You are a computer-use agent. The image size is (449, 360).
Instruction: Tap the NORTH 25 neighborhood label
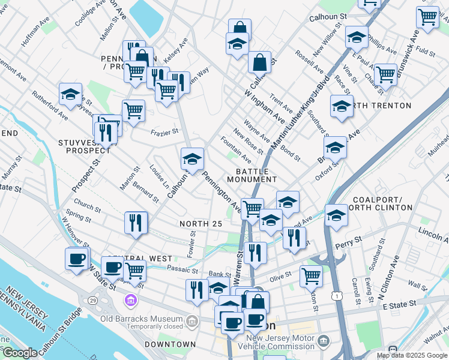tap(201, 224)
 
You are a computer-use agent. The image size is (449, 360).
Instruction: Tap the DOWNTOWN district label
tap(170, 344)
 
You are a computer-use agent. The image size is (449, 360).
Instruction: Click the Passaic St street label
tap(182, 268)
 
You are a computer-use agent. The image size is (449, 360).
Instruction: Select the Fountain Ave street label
tap(235, 149)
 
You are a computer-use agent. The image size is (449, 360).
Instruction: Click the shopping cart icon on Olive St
tap(311, 275)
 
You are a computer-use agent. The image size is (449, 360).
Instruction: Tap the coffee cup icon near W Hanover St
tap(76, 258)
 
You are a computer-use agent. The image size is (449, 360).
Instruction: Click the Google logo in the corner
tap(19, 353)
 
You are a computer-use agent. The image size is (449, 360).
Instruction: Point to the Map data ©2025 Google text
tap(411, 355)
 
